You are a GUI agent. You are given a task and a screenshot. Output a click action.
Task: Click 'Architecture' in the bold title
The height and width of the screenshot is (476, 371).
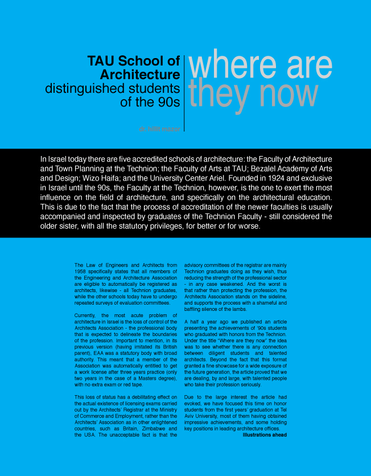pyautogui.click(x=140, y=75)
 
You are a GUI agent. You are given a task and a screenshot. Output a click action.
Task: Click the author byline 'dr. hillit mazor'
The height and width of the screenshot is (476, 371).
pyautogui.click(x=160, y=129)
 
